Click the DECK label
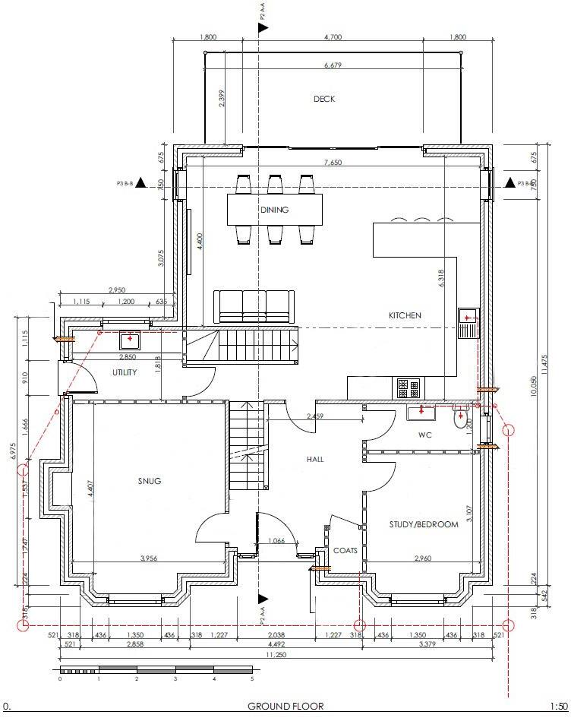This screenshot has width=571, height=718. (x=324, y=99)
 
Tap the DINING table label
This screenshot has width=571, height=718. (x=274, y=210)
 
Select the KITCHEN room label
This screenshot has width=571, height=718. (x=405, y=315)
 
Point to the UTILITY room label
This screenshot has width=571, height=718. (x=125, y=372)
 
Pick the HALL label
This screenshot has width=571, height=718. (x=315, y=459)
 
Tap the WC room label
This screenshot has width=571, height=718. (x=425, y=435)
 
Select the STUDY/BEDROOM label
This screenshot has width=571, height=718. (x=424, y=524)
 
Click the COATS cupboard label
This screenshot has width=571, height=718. (x=345, y=551)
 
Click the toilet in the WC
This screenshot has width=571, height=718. (x=460, y=417)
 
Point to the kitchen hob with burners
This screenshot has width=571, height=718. (x=408, y=388)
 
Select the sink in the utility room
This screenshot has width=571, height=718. (x=131, y=339)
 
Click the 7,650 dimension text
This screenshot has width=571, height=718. (x=333, y=163)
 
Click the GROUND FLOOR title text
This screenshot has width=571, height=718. (x=285, y=706)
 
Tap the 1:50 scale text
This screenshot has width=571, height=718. (x=558, y=706)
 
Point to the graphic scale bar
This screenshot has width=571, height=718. (x=156, y=669)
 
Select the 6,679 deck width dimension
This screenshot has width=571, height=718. (x=333, y=65)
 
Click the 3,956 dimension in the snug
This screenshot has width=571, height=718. (x=149, y=558)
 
